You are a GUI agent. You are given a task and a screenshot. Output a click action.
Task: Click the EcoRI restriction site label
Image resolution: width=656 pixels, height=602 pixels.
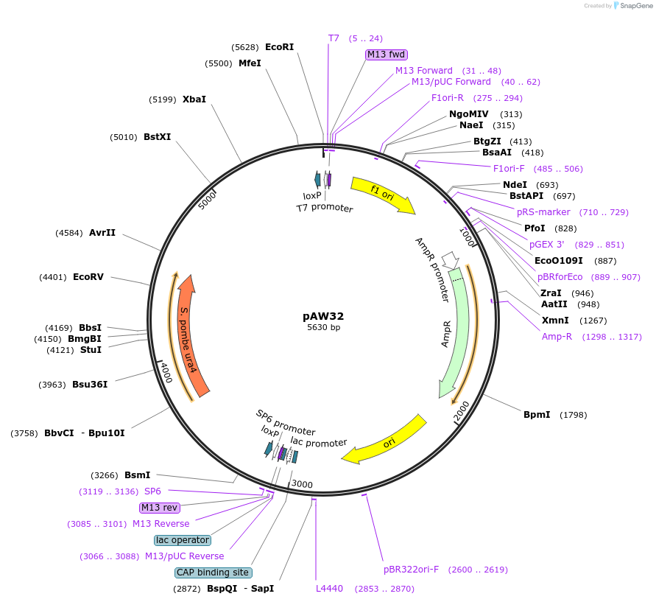tap(279, 47)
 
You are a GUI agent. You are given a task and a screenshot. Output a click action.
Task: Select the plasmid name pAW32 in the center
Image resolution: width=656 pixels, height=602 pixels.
tap(323, 315)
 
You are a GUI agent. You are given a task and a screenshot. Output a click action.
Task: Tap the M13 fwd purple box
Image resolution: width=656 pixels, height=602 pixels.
tap(387, 55)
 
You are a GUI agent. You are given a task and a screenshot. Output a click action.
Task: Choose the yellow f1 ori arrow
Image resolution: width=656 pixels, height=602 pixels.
tap(383, 195)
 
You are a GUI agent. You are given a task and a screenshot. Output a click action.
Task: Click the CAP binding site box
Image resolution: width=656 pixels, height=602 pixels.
tap(214, 573)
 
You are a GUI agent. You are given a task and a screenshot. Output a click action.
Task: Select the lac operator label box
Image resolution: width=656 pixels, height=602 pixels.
tap(183, 540)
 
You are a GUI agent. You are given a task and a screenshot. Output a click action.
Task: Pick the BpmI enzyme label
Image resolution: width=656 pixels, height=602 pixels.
tap(537, 415)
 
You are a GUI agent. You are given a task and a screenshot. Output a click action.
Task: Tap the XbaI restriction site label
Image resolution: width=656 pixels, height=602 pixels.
tap(194, 99)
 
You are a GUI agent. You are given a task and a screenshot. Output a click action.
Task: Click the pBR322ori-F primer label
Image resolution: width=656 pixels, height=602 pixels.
tap(411, 570)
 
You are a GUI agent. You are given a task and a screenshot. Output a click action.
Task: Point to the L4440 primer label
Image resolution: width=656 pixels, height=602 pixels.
tap(329, 589)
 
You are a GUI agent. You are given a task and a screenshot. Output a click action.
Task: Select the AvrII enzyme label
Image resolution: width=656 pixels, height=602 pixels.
tap(102, 233)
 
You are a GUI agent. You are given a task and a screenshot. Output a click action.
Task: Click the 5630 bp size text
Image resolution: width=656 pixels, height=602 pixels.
tap(323, 328)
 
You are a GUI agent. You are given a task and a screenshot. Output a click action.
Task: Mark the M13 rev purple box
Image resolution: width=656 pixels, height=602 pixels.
tap(160, 508)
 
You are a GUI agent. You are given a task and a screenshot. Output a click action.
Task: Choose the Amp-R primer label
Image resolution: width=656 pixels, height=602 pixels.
tap(557, 337)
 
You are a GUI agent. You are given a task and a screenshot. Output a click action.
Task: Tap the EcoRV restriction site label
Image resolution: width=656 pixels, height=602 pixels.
tap(88, 277)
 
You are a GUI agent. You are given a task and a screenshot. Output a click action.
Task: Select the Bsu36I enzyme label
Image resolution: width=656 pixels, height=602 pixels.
tap(90, 385)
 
